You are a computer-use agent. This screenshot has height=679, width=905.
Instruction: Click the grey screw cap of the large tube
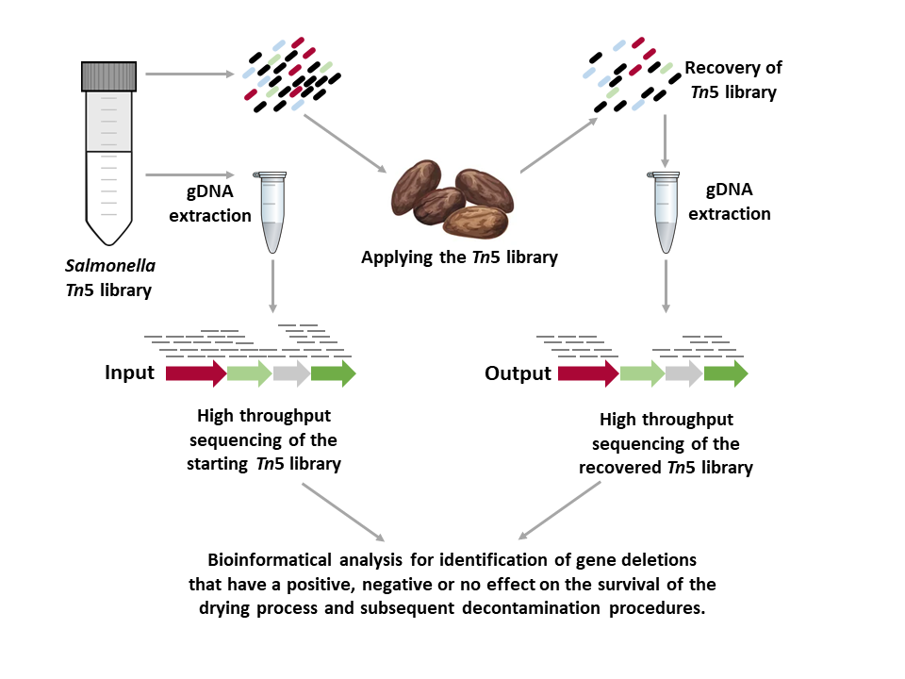(x=110, y=75)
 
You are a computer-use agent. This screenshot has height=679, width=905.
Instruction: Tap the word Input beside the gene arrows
(x=129, y=373)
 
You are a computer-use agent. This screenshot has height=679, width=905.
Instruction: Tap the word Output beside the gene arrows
(x=518, y=373)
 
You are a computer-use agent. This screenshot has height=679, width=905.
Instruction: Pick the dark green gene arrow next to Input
(x=333, y=373)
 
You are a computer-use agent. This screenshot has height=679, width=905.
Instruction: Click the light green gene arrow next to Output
(x=642, y=374)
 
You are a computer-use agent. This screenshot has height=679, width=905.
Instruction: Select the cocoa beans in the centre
(x=453, y=199)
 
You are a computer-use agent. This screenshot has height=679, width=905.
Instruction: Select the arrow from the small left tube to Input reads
(x=272, y=286)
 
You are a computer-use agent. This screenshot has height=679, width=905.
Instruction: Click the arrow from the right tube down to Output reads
(x=666, y=285)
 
